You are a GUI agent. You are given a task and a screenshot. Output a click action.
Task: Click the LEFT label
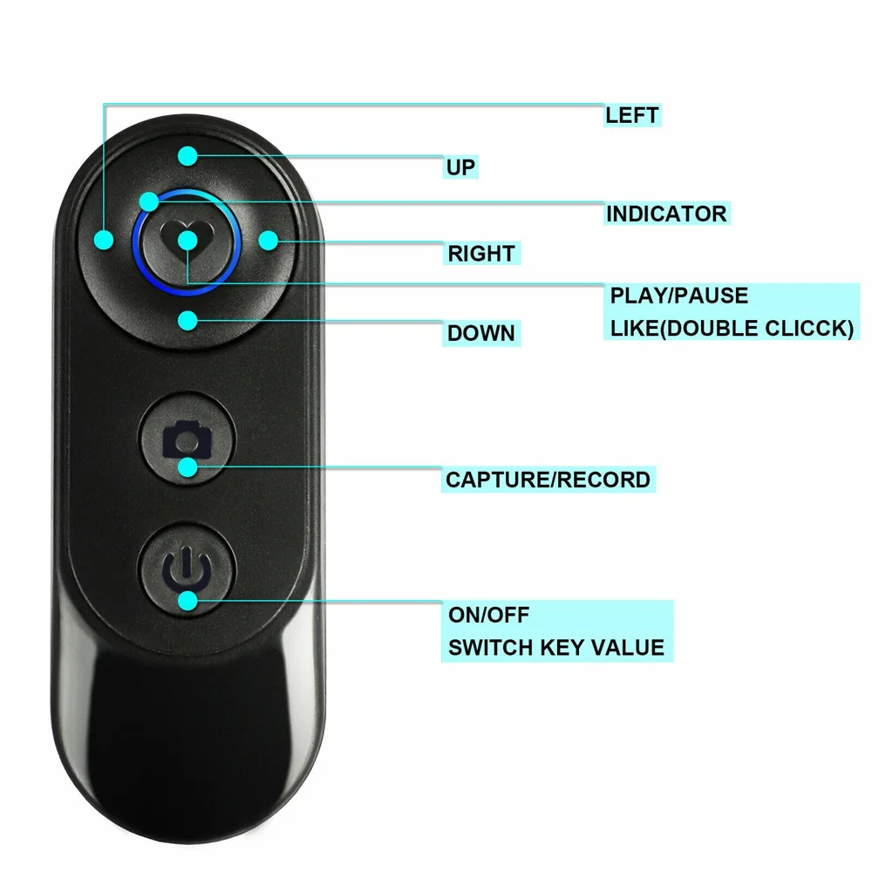click(x=631, y=115)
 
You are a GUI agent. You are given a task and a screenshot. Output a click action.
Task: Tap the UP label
click(x=460, y=167)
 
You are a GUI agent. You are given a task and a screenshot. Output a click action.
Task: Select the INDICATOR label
click(x=666, y=214)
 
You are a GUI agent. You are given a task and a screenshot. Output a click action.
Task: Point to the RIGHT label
click(x=481, y=254)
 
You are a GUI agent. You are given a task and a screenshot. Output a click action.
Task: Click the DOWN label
click(x=481, y=333)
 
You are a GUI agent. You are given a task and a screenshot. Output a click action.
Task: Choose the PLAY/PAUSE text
click(x=679, y=296)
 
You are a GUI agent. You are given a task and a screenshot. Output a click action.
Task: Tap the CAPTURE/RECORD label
click(x=548, y=480)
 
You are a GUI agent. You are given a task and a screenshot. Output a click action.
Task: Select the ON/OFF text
click(x=489, y=615)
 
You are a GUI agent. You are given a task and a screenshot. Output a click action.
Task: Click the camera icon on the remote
click(x=187, y=439)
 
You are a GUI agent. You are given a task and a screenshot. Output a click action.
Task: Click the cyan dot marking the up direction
click(x=188, y=156)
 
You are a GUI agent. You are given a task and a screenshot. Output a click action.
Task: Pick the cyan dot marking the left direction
click(x=104, y=241)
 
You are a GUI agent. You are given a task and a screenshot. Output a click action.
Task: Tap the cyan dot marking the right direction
click(x=269, y=241)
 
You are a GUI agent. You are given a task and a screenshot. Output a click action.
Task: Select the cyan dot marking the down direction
click(x=188, y=320)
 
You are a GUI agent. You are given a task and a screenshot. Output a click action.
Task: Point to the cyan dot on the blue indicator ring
click(x=149, y=201)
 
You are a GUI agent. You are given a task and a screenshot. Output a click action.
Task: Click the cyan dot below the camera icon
click(x=188, y=467)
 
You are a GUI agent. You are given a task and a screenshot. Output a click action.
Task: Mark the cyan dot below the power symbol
click(x=188, y=601)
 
